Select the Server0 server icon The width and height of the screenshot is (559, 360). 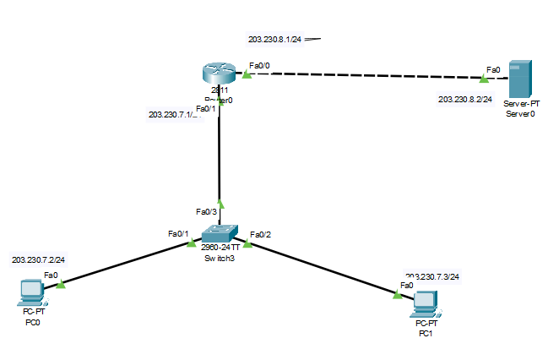click(520, 79)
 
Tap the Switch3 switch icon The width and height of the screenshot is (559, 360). click(220, 234)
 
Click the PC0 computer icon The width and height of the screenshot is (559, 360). click(31, 292)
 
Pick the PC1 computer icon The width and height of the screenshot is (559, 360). click(425, 302)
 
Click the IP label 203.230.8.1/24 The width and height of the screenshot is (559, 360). click(275, 39)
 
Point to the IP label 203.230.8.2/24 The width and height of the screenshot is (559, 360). click(464, 99)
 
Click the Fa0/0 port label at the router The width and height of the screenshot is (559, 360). click(259, 64)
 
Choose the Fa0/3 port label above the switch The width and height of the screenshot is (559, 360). click(206, 211)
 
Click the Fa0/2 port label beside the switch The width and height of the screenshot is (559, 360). click(260, 233)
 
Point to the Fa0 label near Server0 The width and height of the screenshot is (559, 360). click(493, 70)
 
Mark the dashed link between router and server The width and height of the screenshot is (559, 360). click(363, 77)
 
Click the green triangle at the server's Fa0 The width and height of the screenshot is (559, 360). click(484, 80)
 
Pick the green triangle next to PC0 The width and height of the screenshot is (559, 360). click(60, 285)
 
